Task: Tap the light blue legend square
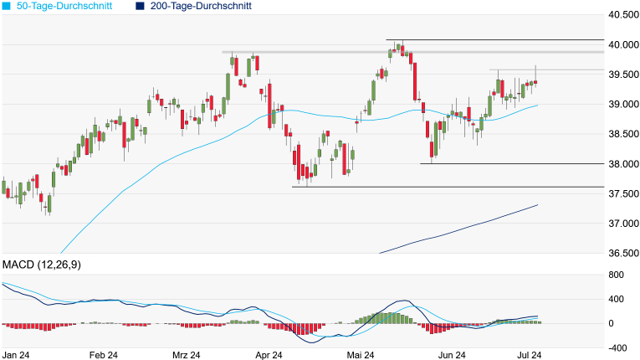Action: (x=8, y=6)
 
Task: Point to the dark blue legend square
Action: (x=140, y=6)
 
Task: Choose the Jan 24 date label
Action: (x=18, y=355)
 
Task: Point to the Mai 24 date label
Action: (x=360, y=355)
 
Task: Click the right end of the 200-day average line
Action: (x=536, y=205)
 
